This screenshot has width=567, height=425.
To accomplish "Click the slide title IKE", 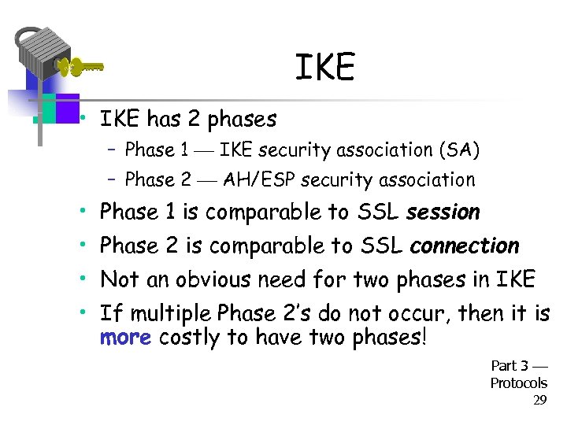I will pyautogui.click(x=324, y=68).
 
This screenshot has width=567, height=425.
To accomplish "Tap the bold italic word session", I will pyautogui.click(x=443, y=213).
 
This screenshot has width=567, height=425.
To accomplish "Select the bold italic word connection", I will pyautogui.click(x=465, y=246).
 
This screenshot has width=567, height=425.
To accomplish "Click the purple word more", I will pyautogui.click(x=126, y=338).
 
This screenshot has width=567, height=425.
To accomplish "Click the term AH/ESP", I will pyautogui.click(x=254, y=180).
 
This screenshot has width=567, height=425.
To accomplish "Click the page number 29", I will pyautogui.click(x=539, y=401).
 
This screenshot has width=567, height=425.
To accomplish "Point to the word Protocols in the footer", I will pyautogui.click(x=518, y=383).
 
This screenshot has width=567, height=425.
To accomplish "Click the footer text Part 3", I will pyautogui.click(x=510, y=366).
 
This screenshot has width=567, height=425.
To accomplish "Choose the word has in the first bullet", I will pyautogui.click(x=164, y=120).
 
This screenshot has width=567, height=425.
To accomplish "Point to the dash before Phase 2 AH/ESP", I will pyautogui.click(x=113, y=180).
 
